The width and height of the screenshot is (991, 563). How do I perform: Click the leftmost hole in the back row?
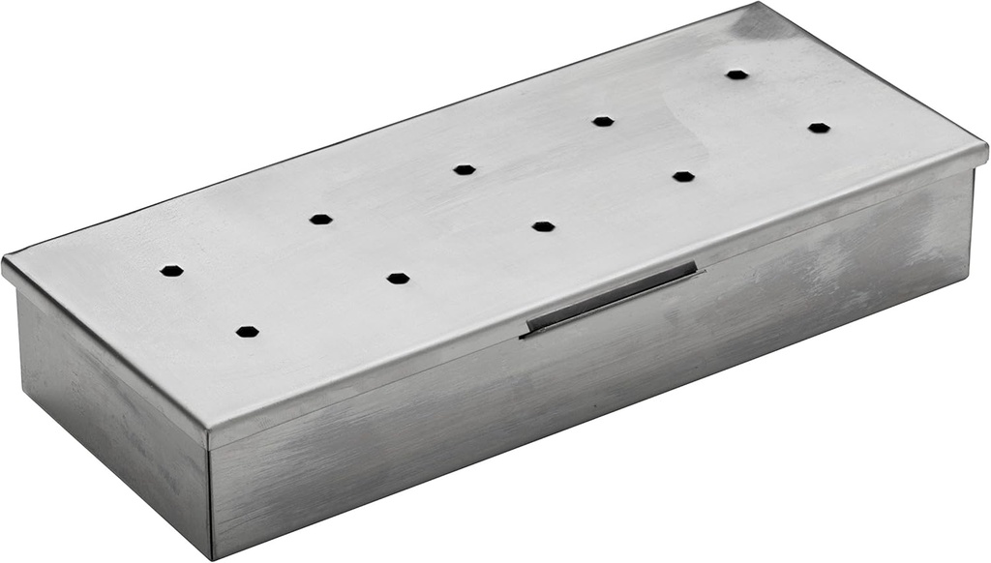point(171,271)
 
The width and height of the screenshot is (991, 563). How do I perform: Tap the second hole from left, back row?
point(320,220)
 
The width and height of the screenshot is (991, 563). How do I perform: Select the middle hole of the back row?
point(465,169)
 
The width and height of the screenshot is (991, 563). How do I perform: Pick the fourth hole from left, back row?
point(603,121)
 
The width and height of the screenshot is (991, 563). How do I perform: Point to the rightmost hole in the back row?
point(737,74)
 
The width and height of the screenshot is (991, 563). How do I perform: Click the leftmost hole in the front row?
point(247,332)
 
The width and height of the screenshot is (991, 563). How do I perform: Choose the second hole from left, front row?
point(398,279)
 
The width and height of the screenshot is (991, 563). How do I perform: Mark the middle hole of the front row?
point(543,226)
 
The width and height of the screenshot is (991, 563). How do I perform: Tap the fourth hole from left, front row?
point(683,177)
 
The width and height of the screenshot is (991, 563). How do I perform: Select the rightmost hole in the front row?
point(819,128)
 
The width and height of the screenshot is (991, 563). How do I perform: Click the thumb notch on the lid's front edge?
point(610,298)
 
